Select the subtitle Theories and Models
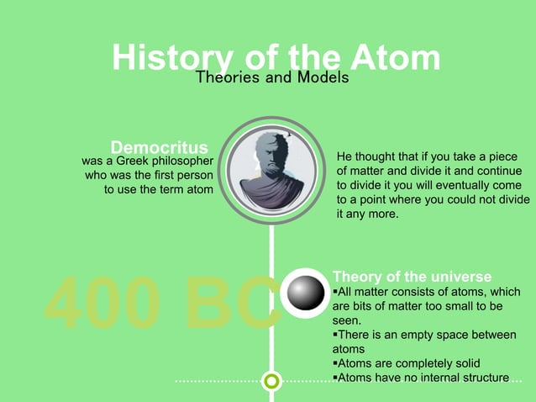[x=271, y=77]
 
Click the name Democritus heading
[x=160, y=146]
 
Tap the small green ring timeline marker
[x=271, y=382]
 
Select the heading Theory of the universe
[x=413, y=277]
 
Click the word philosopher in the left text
[x=177, y=160]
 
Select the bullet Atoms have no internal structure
[x=422, y=378]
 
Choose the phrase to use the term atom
[x=158, y=190]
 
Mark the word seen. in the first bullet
[x=347, y=320]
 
